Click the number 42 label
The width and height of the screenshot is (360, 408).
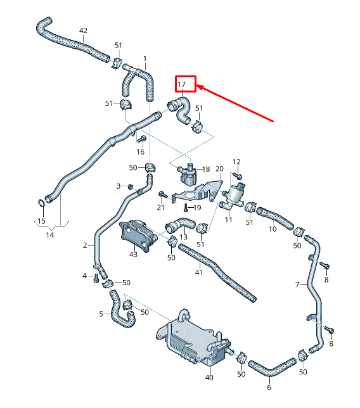point(83,30)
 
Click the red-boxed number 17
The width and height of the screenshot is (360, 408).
point(182,84)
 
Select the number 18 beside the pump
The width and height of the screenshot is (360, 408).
point(205,170)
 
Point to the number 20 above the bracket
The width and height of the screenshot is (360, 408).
point(220,169)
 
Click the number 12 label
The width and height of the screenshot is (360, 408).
point(236,162)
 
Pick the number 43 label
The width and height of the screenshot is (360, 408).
point(133,254)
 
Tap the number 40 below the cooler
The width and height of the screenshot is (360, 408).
point(209,378)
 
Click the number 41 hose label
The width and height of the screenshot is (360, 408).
point(198,272)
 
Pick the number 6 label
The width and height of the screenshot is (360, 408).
point(269,388)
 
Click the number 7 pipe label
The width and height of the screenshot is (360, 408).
point(297,285)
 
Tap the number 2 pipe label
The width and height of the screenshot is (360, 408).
point(85,245)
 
